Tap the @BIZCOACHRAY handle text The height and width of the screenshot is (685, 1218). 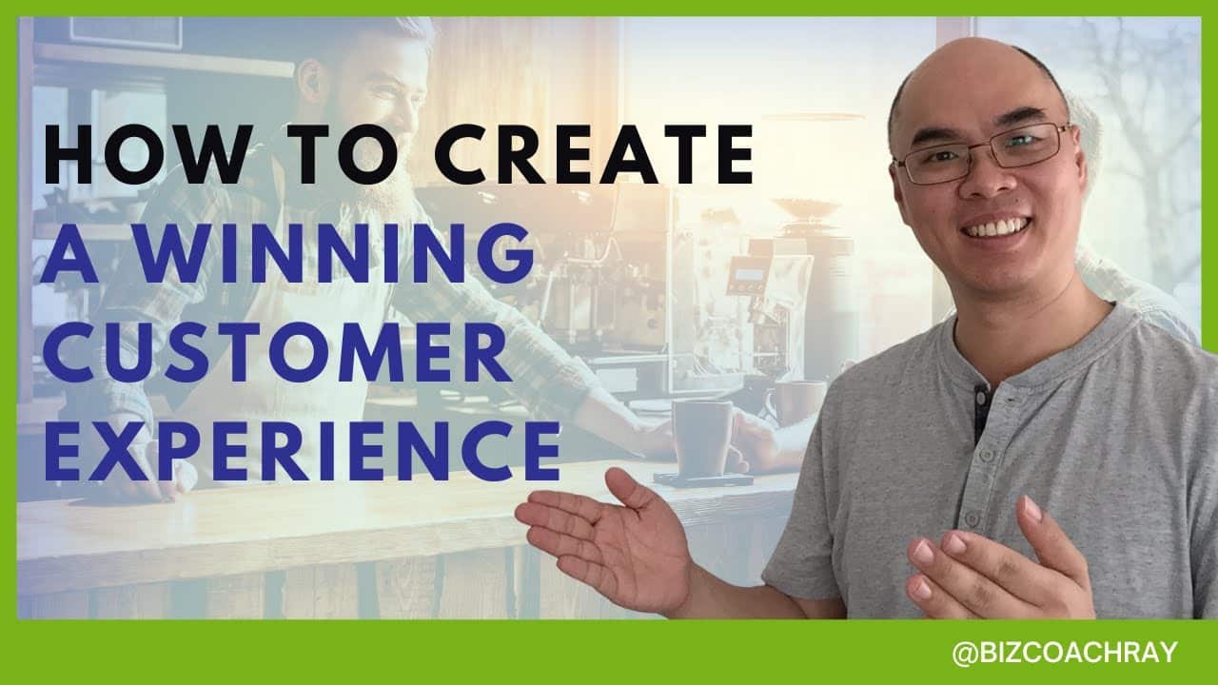1065,653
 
